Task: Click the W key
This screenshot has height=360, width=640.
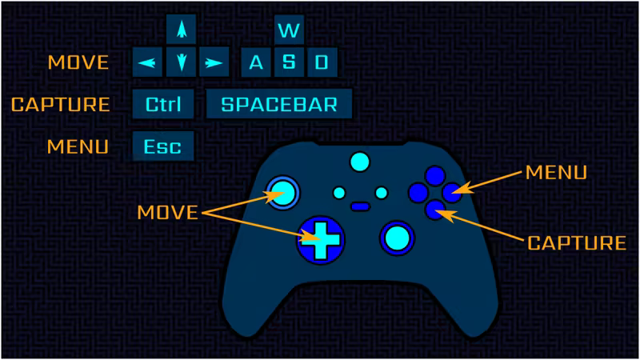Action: (289, 30)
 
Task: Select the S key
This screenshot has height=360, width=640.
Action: (289, 62)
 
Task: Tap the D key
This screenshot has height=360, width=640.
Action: (322, 62)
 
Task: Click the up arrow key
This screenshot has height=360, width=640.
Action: (182, 30)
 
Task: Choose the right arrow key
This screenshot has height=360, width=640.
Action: (213, 62)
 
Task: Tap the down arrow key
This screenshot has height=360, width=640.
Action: (182, 62)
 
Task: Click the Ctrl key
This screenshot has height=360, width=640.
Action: (163, 104)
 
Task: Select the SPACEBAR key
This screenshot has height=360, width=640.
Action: (279, 104)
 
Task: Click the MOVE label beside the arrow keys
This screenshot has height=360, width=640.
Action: (78, 62)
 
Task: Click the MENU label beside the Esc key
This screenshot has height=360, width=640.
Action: (78, 147)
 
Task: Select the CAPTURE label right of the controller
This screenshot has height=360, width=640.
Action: (576, 242)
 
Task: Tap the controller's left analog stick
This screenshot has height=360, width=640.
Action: (282, 191)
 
